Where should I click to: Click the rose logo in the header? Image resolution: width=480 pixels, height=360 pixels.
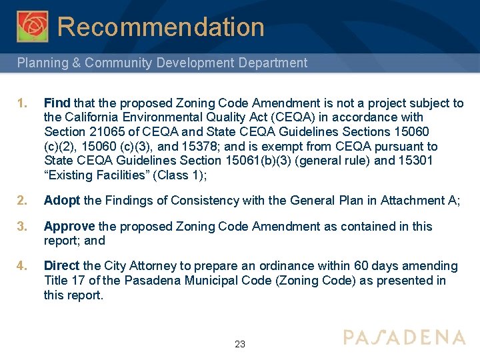coord(33,26)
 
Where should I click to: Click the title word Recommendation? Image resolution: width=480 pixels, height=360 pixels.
coord(161,27)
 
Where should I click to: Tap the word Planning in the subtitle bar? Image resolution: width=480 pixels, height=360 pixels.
coord(41,63)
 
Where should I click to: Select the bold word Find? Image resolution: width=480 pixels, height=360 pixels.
coord(57,103)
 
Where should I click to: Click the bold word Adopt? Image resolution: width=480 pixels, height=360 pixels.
coord(62,201)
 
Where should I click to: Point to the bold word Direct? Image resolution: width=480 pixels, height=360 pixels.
coord(61,266)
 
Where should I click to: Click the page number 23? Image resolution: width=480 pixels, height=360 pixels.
coord(240,345)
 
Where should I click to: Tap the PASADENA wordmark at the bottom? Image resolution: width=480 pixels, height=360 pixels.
coord(404,337)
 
